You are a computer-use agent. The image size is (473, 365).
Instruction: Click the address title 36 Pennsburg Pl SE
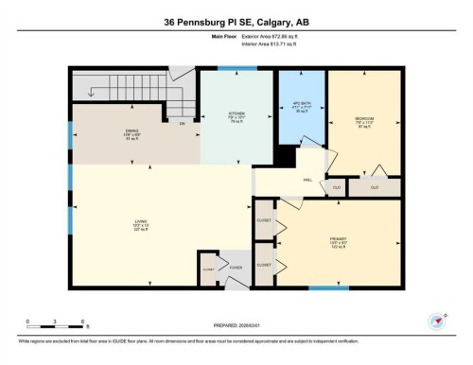[x=236, y=21]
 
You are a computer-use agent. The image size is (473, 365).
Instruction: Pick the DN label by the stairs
[x=182, y=123]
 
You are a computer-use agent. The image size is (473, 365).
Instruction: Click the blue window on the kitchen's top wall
[x=230, y=68]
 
